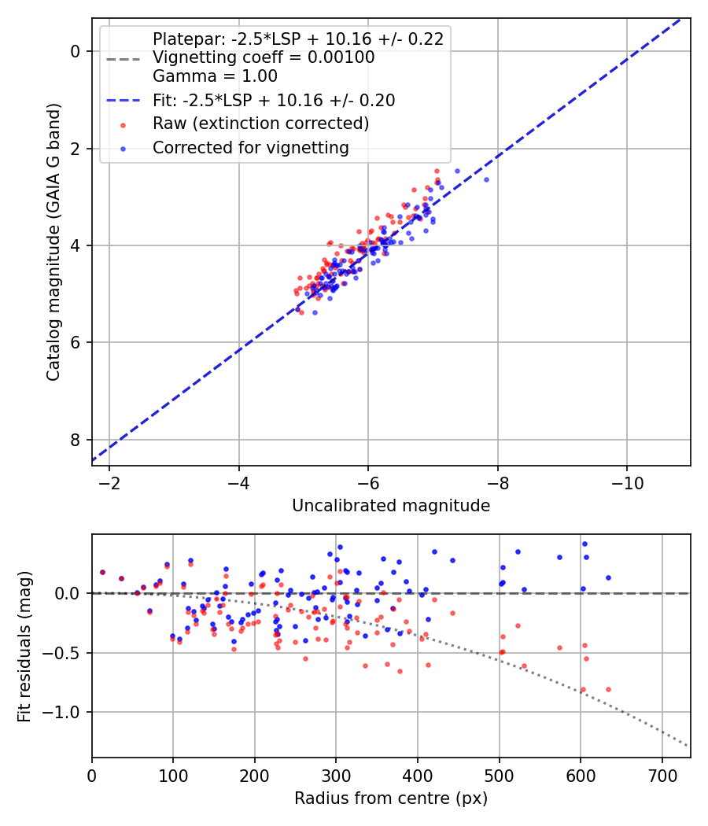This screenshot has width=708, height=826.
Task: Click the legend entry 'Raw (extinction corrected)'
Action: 260,124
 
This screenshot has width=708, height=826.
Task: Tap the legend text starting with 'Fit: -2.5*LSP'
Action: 274,100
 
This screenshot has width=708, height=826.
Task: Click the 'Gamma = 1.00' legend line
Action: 215,76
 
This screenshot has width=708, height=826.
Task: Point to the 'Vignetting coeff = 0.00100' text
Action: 264,57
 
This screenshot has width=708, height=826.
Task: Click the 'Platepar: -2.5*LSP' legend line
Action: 298,39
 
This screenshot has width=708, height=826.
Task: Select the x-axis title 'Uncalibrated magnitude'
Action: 391,506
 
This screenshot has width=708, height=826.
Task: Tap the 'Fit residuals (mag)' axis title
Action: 25,646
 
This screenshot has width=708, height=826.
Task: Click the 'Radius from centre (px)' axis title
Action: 391,798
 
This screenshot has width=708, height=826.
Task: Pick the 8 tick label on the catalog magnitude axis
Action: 76,439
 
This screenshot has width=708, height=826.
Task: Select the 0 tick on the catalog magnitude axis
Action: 76,51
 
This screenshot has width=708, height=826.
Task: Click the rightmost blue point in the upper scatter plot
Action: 486,179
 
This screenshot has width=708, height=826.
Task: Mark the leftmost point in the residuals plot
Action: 102,573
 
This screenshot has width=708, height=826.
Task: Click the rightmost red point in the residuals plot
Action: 608,689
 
